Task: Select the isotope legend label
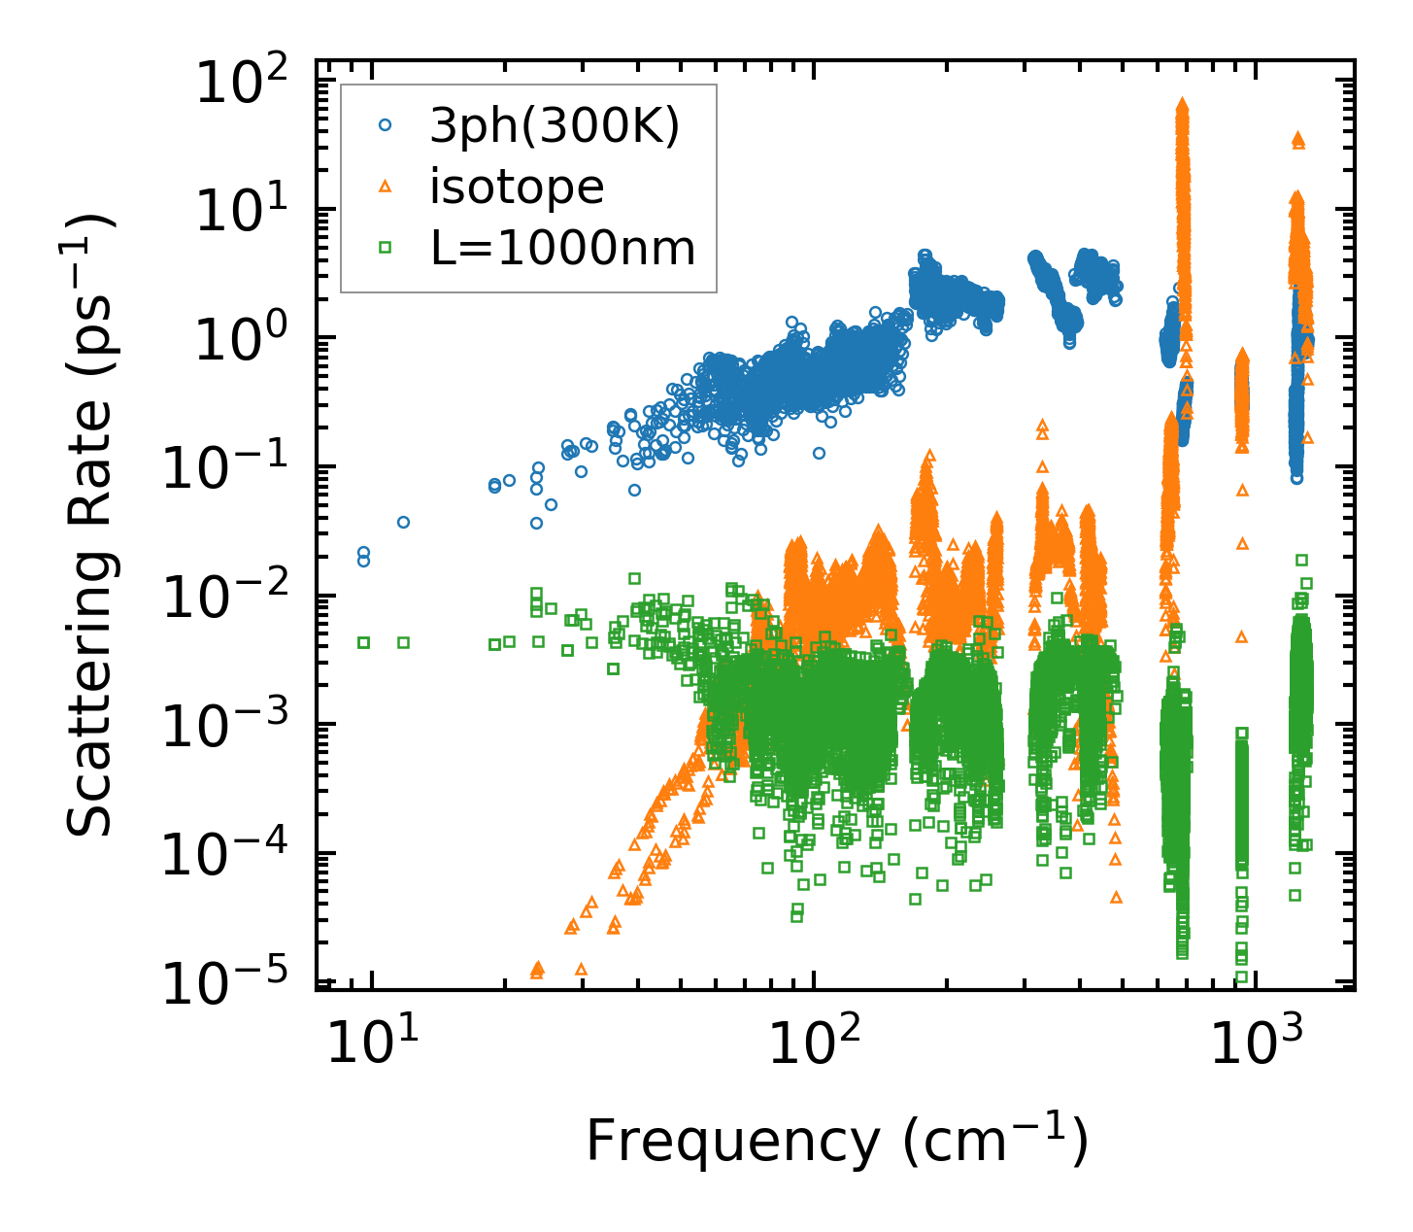point(517,187)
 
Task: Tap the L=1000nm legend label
point(562,249)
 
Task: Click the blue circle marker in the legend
point(386,125)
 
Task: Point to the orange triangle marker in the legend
point(386,187)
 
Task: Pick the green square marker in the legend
point(386,249)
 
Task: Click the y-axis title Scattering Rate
point(90,525)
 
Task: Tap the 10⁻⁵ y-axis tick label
point(233,982)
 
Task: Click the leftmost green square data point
point(364,642)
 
